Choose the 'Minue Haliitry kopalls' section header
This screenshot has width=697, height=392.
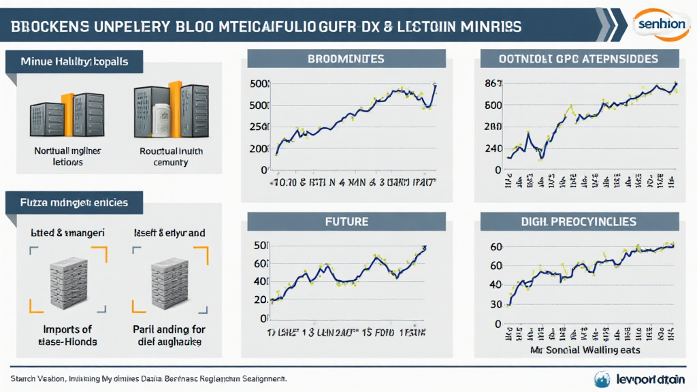point(75,62)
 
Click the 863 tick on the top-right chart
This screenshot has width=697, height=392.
point(493,84)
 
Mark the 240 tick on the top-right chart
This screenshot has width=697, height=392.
point(493,148)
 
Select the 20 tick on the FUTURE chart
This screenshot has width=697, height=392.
point(260,299)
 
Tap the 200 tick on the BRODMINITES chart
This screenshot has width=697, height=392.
point(259,148)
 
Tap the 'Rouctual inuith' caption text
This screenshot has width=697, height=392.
point(171,151)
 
